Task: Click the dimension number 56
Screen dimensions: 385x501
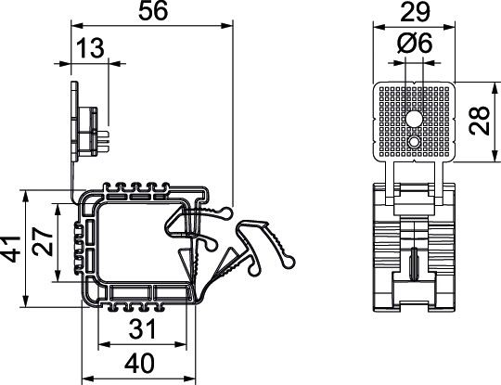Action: (x=151, y=12)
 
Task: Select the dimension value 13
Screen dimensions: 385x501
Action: (x=90, y=47)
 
